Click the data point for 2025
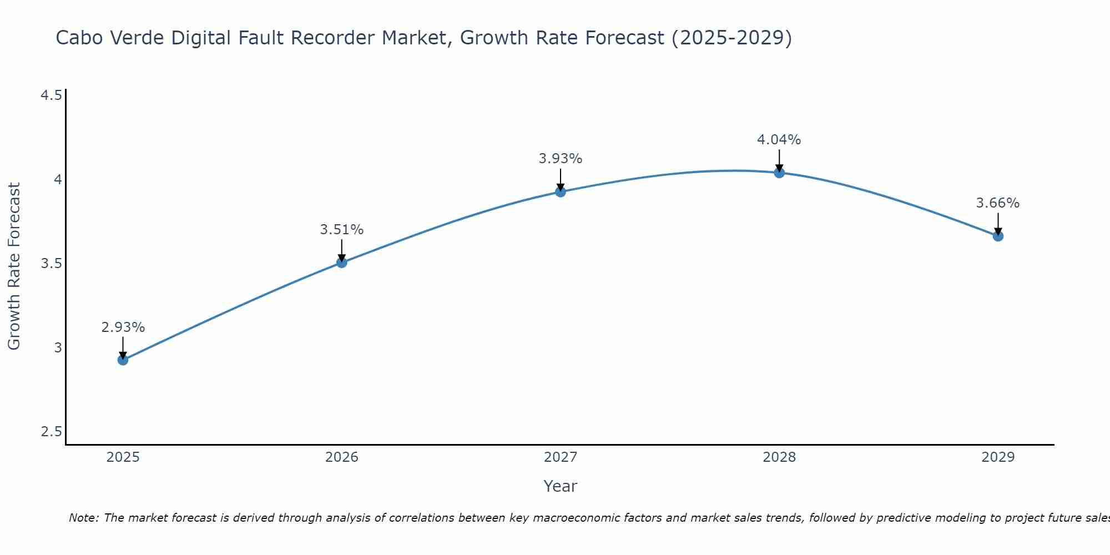123,360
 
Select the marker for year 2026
342,263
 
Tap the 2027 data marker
561,192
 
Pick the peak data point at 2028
779,173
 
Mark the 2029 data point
998,236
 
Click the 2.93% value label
123,327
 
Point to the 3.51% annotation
342,230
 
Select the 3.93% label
561,159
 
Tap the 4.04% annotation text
779,140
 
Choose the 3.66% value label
998,203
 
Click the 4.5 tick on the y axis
51,95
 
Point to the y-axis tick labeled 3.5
51,264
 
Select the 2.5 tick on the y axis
51,432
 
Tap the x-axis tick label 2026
342,457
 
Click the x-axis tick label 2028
779,457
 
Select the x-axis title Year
561,486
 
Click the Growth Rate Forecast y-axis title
14,266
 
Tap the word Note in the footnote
83,518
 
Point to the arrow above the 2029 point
998,224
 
